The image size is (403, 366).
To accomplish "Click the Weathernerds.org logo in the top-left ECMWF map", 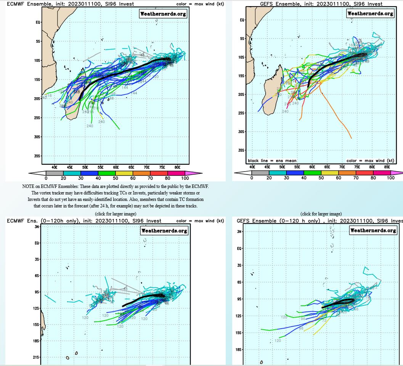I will pos(163,14).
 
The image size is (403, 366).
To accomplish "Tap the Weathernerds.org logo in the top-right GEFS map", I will pos(370,13).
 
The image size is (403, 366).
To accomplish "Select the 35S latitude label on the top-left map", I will pos(37,156).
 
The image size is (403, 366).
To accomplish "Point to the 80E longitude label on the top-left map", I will pos(177,167).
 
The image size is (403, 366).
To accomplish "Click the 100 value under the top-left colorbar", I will pos(185,178).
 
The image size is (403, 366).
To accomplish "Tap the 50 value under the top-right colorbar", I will pos(321,178).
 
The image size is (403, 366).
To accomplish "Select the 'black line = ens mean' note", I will pos(272,161).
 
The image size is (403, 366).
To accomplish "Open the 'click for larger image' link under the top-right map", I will pos(321,214).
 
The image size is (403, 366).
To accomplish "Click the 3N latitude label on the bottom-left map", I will pos(37,226).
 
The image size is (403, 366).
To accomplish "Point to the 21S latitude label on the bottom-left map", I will pos(37,357).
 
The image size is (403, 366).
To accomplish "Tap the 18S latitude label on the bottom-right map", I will pos(239,350).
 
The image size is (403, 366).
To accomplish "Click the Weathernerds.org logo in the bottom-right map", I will pos(373,230).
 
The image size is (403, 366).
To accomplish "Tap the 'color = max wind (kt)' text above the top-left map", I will pos(200,4).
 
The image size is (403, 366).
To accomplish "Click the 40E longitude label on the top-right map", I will pos(252,167).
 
